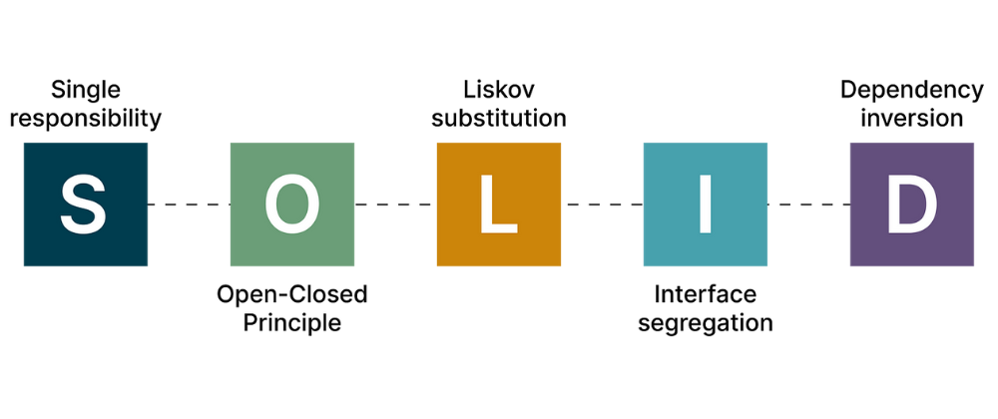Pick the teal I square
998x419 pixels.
705,205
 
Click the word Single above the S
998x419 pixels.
85,91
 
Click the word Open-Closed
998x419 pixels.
291,294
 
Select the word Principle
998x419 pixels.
291,322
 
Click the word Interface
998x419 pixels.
706,294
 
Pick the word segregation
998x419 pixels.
706,323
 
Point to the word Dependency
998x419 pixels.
911,90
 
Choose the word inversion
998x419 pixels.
911,118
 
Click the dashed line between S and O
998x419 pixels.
189,205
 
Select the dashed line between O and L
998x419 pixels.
395,205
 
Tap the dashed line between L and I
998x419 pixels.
602,205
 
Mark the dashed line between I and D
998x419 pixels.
808,205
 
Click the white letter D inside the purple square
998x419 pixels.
911,204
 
